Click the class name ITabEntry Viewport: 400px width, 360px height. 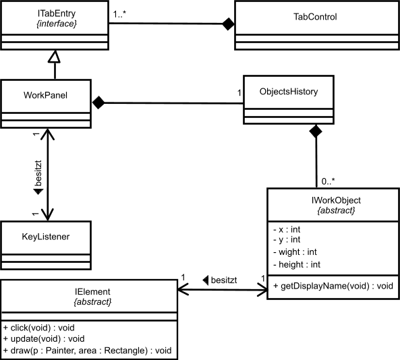coord(57,13)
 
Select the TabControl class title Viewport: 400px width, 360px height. coord(315,17)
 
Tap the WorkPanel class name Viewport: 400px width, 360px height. coord(45,95)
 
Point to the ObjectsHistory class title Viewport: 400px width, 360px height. coord(289,92)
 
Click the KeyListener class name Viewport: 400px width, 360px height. coord(46,237)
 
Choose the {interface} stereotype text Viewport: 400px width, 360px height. coord(57,24)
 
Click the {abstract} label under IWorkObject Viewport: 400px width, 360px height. coord(336,210)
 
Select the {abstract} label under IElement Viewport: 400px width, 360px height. coord(92,302)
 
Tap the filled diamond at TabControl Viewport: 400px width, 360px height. coord(228,24)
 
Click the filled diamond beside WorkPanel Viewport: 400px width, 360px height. coord(98,102)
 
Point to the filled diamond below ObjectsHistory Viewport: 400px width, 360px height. coord(316,131)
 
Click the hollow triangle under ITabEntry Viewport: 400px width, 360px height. coord(54,57)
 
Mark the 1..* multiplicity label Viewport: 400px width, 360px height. coord(119,14)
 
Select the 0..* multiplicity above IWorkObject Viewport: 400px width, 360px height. coord(328,181)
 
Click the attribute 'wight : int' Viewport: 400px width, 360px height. coord(295,252)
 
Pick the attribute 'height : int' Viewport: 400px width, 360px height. coord(297,265)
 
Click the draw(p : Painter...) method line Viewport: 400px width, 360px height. coord(87,351)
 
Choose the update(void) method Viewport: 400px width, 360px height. coord(44,339)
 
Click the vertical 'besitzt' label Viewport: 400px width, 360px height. coord(38,173)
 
